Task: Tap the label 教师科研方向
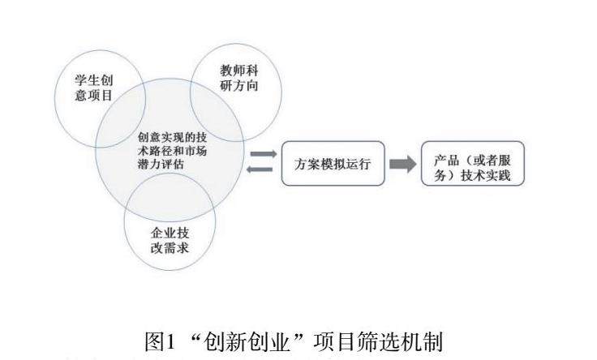(x=238, y=78)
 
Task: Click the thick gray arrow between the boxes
(x=402, y=164)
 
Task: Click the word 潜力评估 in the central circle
(x=161, y=164)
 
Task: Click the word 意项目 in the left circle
(x=92, y=96)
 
